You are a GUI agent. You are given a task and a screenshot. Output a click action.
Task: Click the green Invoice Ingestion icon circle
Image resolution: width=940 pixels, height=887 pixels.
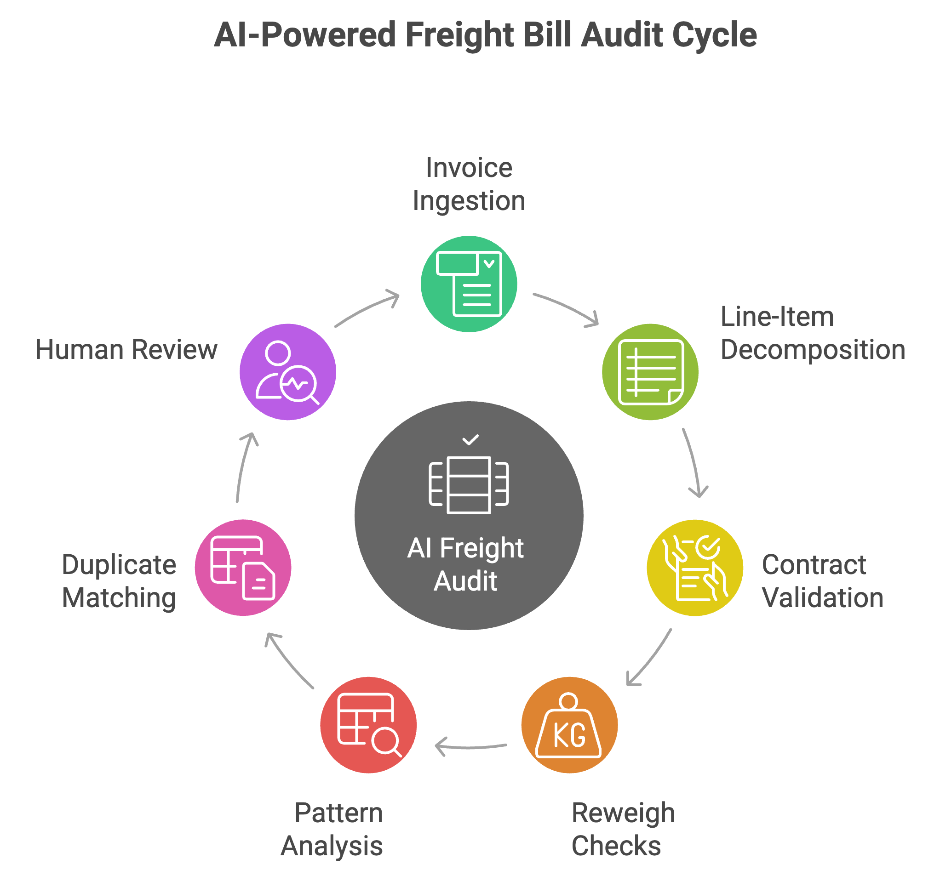coord(468,284)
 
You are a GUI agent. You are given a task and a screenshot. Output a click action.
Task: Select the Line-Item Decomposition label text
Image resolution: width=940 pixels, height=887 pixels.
coord(812,333)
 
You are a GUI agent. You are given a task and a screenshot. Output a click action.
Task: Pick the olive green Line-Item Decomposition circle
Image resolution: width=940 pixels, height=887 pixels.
coord(649,372)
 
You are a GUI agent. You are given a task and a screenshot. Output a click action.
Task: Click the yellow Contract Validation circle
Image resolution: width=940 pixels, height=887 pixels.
coord(694,567)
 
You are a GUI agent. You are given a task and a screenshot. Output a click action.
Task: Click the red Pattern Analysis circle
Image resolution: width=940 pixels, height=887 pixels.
coord(368,725)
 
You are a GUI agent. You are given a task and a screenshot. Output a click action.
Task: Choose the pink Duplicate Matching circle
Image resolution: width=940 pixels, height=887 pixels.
coord(243,567)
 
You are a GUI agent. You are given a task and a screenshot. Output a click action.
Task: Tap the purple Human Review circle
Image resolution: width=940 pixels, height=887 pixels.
coord(287,372)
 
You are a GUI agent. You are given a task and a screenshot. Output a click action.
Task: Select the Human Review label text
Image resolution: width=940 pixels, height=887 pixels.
coord(126,350)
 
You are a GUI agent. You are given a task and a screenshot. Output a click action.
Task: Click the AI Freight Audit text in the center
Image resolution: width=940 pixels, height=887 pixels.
coord(465,564)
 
